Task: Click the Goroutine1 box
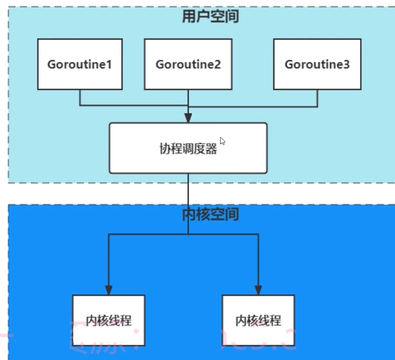click(80, 64)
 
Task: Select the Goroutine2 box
click(188, 64)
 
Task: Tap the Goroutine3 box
click(317, 64)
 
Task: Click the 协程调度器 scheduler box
click(188, 148)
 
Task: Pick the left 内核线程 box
click(109, 320)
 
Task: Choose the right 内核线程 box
click(258, 320)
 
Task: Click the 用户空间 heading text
click(210, 17)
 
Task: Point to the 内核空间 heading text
click(210, 215)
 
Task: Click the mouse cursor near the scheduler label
click(222, 141)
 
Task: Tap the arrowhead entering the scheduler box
click(188, 118)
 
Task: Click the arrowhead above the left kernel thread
click(109, 290)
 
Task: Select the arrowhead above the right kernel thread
click(258, 290)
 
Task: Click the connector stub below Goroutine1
click(80, 97)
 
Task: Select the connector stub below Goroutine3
click(317, 97)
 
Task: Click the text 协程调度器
click(188, 149)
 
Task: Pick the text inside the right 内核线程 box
click(258, 321)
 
